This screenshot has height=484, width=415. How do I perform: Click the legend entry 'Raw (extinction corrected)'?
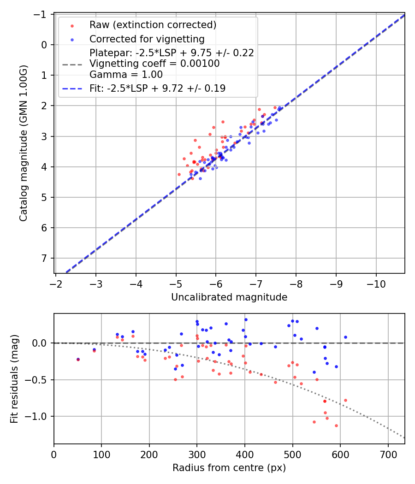click(x=153, y=25)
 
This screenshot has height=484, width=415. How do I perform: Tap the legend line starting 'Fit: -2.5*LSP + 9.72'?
click(x=157, y=88)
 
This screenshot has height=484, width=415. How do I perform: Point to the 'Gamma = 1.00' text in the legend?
click(x=126, y=74)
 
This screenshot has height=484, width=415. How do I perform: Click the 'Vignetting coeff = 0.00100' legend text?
click(x=154, y=64)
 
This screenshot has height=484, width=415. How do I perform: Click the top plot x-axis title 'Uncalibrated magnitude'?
click(x=229, y=297)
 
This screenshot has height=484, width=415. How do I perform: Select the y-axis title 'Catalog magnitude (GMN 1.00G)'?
click(x=24, y=143)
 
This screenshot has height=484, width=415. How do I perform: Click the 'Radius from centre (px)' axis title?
click(x=229, y=468)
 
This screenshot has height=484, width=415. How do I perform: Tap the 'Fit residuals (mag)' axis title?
click(x=14, y=378)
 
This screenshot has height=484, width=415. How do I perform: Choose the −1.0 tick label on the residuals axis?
click(x=39, y=416)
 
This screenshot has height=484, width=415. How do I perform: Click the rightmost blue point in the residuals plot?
click(x=345, y=337)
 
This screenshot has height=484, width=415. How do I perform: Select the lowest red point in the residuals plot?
click(x=336, y=425)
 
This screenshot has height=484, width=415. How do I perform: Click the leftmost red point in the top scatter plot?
click(x=179, y=174)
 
